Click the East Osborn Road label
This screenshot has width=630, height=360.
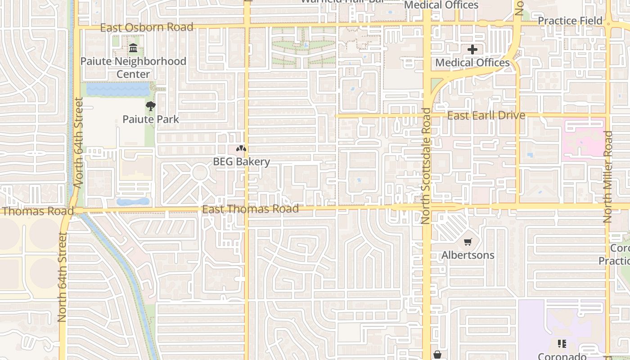click(x=146, y=27)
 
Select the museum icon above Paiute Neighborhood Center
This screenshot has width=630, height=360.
click(x=133, y=48)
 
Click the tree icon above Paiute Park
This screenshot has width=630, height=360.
click(x=151, y=107)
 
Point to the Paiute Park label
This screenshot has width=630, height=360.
click(x=151, y=119)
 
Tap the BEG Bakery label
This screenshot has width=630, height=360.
click(x=241, y=162)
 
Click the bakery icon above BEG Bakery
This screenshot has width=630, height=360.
click(x=241, y=148)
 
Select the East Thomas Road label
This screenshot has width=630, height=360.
click(x=250, y=209)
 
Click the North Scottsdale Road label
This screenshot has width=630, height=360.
click(x=426, y=166)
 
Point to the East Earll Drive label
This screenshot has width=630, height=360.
click(x=486, y=116)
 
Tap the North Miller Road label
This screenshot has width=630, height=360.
click(x=607, y=177)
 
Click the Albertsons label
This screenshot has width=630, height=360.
click(x=468, y=255)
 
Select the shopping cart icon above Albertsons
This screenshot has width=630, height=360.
click(x=468, y=242)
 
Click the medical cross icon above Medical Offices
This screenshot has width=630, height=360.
click(x=472, y=49)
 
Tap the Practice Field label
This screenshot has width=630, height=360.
click(x=570, y=21)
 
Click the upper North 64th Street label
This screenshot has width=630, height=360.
click(x=78, y=143)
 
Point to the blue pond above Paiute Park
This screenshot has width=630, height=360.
click(x=118, y=90)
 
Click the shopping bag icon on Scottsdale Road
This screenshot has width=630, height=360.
click(x=437, y=355)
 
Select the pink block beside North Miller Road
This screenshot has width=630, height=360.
click(x=584, y=138)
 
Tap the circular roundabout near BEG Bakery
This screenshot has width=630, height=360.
click(x=199, y=173)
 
